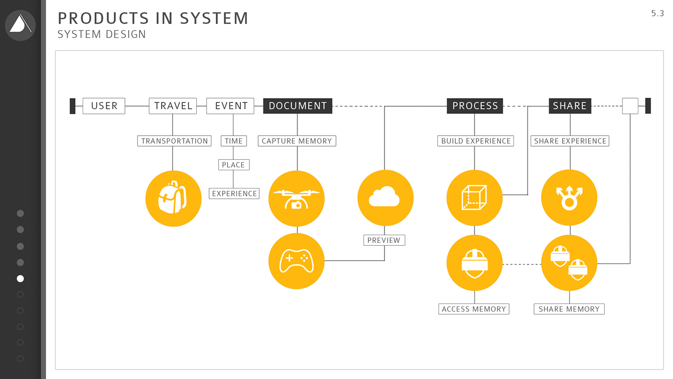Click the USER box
click(104, 106)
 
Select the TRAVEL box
click(173, 106)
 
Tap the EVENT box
click(231, 106)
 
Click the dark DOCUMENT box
click(298, 106)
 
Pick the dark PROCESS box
click(475, 106)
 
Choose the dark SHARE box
click(570, 106)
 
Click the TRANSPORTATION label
click(174, 141)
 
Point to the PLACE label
click(234, 165)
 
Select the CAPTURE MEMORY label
click(297, 141)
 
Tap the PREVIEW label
click(384, 240)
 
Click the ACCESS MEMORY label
click(474, 309)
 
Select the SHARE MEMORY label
click(569, 309)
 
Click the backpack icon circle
click(173, 198)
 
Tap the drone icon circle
click(297, 198)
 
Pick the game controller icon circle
click(297, 261)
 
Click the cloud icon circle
click(386, 198)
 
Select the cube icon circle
click(474, 198)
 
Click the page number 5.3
click(657, 13)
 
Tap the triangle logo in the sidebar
click(20, 25)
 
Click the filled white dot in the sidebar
click(20, 278)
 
